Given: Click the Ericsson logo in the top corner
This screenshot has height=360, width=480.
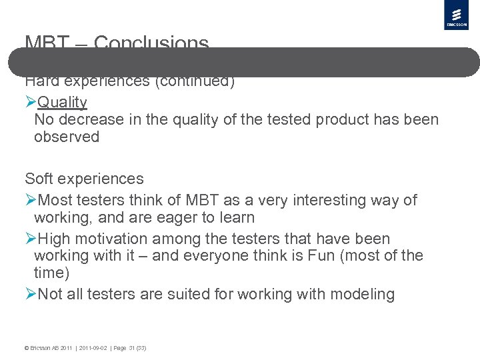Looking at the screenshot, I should coord(456,15).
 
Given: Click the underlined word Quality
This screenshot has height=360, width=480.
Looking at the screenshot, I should coord(63,102).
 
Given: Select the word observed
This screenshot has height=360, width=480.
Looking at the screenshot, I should coord(67,137).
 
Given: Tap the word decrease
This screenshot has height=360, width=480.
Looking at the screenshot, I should coord(94,120).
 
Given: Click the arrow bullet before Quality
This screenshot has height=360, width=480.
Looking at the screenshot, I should coord(31,102).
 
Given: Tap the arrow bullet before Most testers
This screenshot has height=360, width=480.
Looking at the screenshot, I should coord(31,200).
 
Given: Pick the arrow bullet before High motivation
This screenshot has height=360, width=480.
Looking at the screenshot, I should coord(31,239).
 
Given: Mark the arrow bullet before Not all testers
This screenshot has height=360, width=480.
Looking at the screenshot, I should coord(31,295).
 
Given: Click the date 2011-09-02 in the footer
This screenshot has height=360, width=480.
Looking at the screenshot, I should coord(93,348).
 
